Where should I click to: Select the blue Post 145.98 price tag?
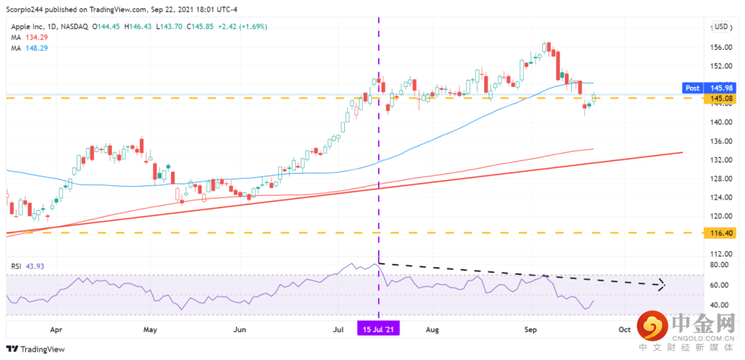(708, 88)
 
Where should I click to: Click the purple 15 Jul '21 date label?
(378, 330)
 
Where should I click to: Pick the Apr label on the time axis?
(57, 330)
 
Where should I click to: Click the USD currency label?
(722, 27)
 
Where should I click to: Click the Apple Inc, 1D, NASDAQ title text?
(48, 27)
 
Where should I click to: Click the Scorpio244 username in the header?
(26, 9)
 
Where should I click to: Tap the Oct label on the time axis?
(624, 330)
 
